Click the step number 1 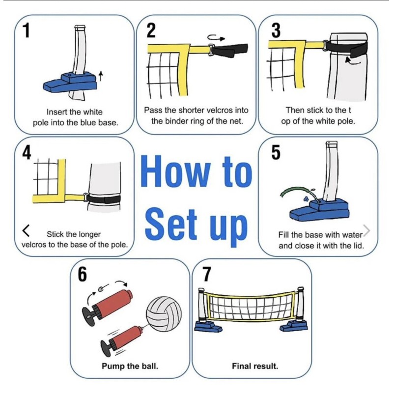point(27,31)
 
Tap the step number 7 point(207,274)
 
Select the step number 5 point(276,152)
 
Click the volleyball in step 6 point(164,314)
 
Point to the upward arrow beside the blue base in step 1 point(101,76)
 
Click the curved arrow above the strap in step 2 point(216,38)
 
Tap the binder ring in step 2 point(211,49)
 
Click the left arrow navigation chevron point(26,230)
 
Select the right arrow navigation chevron point(366,230)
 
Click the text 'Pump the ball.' point(130,366)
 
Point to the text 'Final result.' point(255,366)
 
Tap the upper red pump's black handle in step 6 point(89,315)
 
